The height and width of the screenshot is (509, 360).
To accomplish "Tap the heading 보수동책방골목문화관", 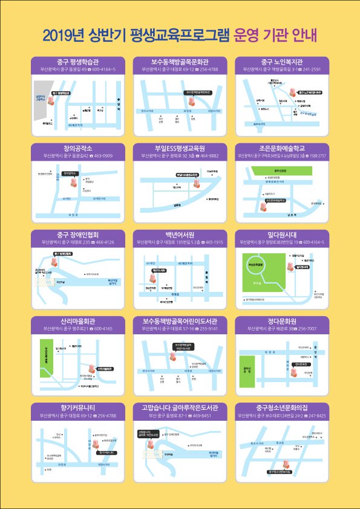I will click(x=180, y=62).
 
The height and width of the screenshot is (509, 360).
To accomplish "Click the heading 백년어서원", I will click(x=180, y=235).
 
